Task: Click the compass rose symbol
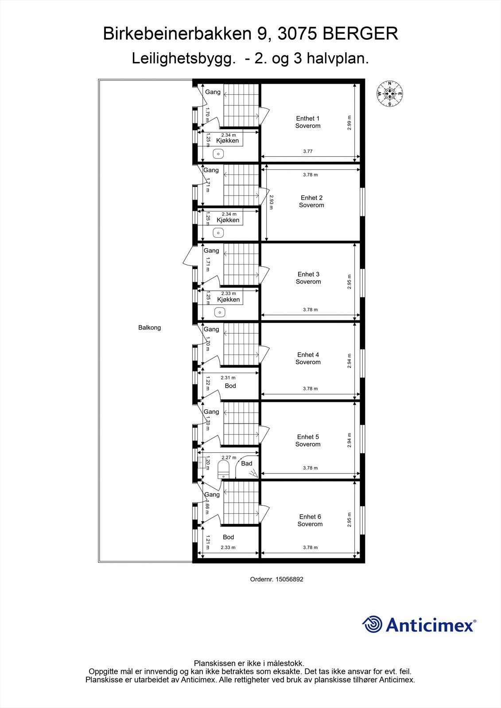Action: (389, 94)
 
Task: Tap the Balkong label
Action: (149, 328)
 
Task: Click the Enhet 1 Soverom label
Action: (308, 122)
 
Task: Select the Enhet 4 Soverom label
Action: (308, 358)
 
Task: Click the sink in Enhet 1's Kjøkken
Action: (218, 154)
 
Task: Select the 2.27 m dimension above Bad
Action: (229, 458)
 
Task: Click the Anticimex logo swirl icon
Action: (372, 624)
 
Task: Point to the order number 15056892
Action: (289, 579)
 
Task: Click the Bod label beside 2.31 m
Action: (230, 386)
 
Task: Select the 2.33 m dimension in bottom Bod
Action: (228, 547)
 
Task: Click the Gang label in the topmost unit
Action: (213, 92)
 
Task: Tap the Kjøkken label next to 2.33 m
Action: (228, 300)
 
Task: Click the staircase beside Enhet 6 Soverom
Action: (241, 503)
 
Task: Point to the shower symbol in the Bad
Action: (253, 473)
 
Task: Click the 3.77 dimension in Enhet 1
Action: (308, 151)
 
